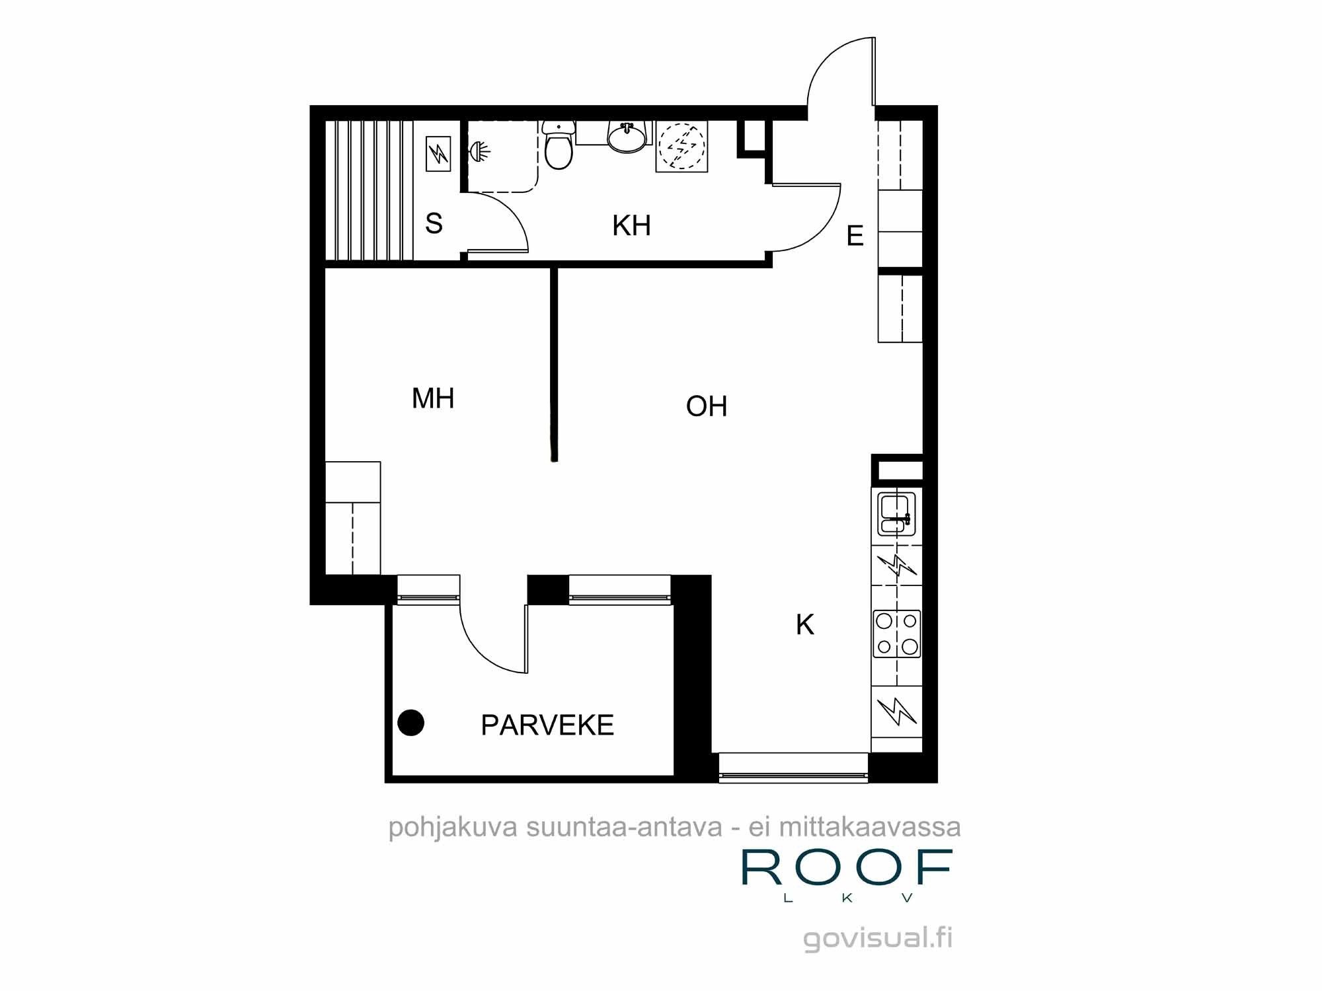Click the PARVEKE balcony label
547,725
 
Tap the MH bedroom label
433,398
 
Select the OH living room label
707,406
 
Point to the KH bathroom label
631,226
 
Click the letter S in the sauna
434,223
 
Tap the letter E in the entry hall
855,236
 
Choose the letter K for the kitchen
805,624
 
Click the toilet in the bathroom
559,145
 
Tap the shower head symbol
480,152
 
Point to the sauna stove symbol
438,154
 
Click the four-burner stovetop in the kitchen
897,634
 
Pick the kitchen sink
897,514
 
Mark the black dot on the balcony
410,723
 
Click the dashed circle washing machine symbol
681,146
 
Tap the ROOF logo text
847,867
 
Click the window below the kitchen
793,768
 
